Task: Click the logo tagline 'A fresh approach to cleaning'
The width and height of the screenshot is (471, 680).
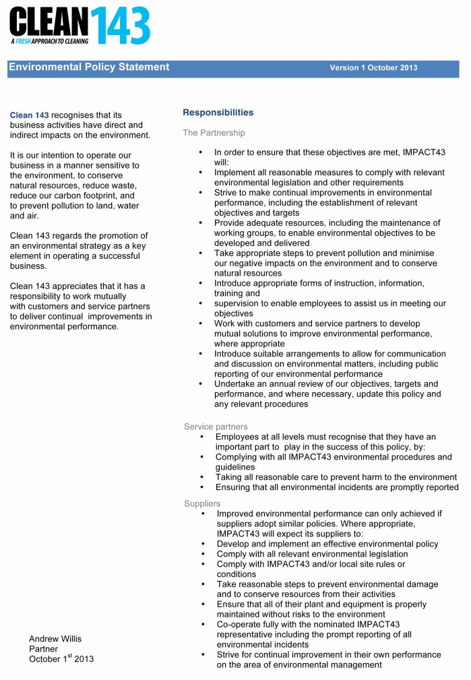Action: point(49,41)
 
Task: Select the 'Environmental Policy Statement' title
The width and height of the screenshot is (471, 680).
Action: point(89,67)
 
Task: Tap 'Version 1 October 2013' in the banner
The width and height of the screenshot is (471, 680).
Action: point(373,68)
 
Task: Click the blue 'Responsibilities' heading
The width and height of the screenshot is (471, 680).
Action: point(218,113)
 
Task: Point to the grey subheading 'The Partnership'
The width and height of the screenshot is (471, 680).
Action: point(214,133)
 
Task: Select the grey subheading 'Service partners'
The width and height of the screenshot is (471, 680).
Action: point(216,427)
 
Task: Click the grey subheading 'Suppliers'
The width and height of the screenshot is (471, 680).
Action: point(202,503)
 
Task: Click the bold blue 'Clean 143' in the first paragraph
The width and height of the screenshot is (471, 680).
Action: point(29,115)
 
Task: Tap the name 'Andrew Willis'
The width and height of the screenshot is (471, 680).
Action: point(55,638)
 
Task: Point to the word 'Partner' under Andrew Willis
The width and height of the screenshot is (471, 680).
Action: point(43,648)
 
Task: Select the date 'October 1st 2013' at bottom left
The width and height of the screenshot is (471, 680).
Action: point(61,658)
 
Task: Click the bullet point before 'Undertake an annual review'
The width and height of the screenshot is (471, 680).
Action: point(201,383)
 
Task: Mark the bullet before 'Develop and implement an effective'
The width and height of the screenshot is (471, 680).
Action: point(203,544)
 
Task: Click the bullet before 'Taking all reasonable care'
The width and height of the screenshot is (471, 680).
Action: point(201,477)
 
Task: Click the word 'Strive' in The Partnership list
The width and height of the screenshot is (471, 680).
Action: point(226,193)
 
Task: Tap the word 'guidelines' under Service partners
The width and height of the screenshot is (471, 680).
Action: point(234,467)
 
